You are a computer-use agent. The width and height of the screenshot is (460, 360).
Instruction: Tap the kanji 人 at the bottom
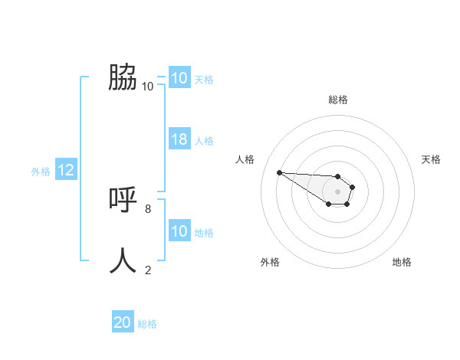123,260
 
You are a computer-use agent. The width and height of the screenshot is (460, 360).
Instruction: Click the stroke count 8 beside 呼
148,208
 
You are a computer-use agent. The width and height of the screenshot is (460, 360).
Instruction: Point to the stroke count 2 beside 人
148,270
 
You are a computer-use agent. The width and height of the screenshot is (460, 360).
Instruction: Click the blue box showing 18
179,139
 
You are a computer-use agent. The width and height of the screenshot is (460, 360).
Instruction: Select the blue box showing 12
65,171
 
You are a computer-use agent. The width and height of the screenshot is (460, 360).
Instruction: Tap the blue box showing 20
123,322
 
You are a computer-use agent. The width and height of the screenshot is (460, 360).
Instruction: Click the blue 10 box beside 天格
179,78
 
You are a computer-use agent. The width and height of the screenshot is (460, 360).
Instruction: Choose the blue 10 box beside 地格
179,231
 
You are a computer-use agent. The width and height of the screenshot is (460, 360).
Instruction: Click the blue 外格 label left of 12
41,172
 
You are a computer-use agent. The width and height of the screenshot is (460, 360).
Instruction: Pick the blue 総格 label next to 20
147,324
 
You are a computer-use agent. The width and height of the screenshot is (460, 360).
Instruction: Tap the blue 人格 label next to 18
204,141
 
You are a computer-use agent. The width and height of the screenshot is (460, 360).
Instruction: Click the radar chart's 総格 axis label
338,100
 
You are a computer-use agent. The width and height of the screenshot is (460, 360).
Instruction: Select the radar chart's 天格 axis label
431,159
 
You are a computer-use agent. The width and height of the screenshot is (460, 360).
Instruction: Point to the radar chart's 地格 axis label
402,262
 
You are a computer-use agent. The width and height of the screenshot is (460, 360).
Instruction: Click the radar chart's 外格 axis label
270,262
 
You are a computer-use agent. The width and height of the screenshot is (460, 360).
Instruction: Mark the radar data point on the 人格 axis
279,172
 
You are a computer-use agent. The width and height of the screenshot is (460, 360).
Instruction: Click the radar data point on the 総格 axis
338,176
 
